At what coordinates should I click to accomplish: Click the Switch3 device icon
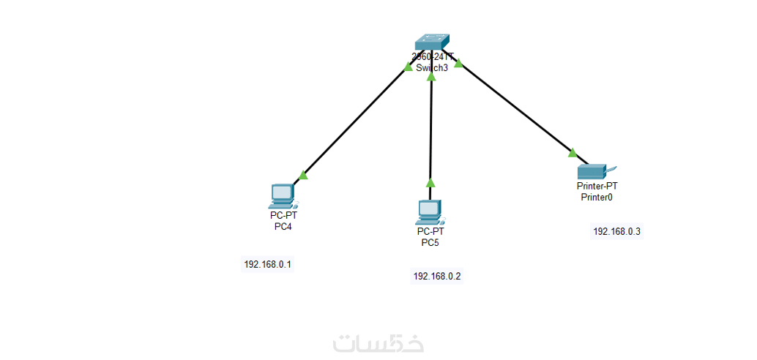[431, 43]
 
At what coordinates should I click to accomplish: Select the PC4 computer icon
[282, 195]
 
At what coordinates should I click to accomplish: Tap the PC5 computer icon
[429, 211]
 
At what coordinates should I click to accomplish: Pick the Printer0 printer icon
[592, 171]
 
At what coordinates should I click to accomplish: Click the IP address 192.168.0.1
[268, 264]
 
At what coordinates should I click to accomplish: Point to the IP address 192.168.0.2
[437, 276]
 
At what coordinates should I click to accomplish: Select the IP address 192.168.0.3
[616, 231]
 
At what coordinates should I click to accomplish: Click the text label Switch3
[431, 68]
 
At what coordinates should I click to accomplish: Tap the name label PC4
[283, 226]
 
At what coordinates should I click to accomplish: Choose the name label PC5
[430, 243]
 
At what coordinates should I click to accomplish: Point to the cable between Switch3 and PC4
[355, 121]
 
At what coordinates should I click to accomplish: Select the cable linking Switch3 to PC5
[431, 128]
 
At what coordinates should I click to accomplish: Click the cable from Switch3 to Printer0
[515, 110]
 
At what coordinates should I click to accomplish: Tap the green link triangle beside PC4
[302, 175]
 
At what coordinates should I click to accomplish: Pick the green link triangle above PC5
[430, 183]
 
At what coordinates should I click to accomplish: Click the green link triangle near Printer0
[573, 153]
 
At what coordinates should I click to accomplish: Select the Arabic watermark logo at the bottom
[378, 342]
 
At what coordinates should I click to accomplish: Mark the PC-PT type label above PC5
[430, 232]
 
